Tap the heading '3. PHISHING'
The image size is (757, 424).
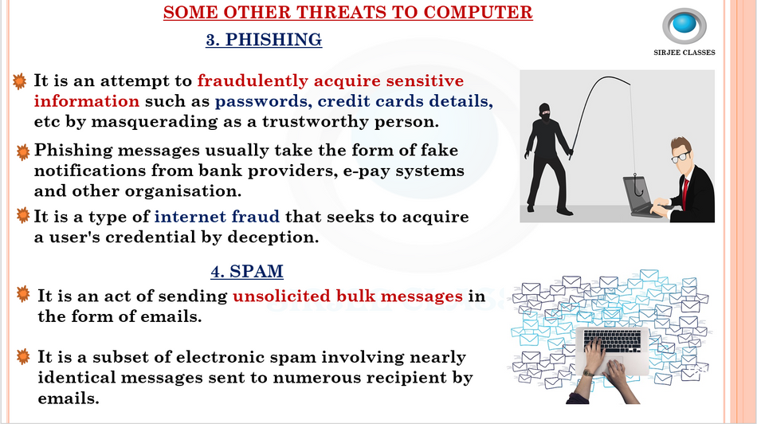264,40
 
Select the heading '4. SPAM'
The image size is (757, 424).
247,272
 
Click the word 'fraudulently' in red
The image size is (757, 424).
253,81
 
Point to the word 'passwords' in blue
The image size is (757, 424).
261,101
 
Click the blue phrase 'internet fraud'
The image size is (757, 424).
217,216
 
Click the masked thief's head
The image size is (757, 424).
544,112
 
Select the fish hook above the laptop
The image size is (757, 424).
637,186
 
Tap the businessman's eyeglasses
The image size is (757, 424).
681,156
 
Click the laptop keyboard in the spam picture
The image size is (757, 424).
613,341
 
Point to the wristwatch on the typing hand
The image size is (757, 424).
587,372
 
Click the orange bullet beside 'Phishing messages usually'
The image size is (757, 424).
22,152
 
